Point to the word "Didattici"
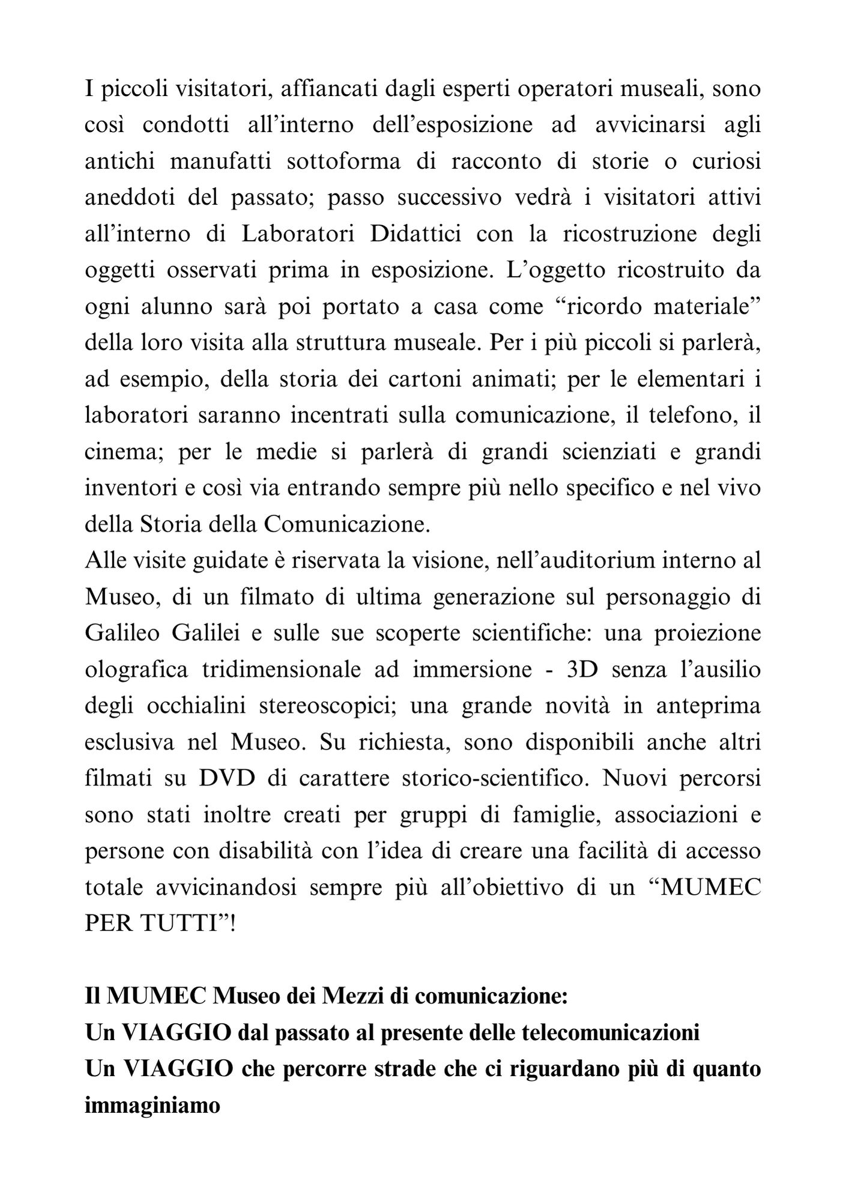[416, 234]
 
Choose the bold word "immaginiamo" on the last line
[153, 1106]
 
